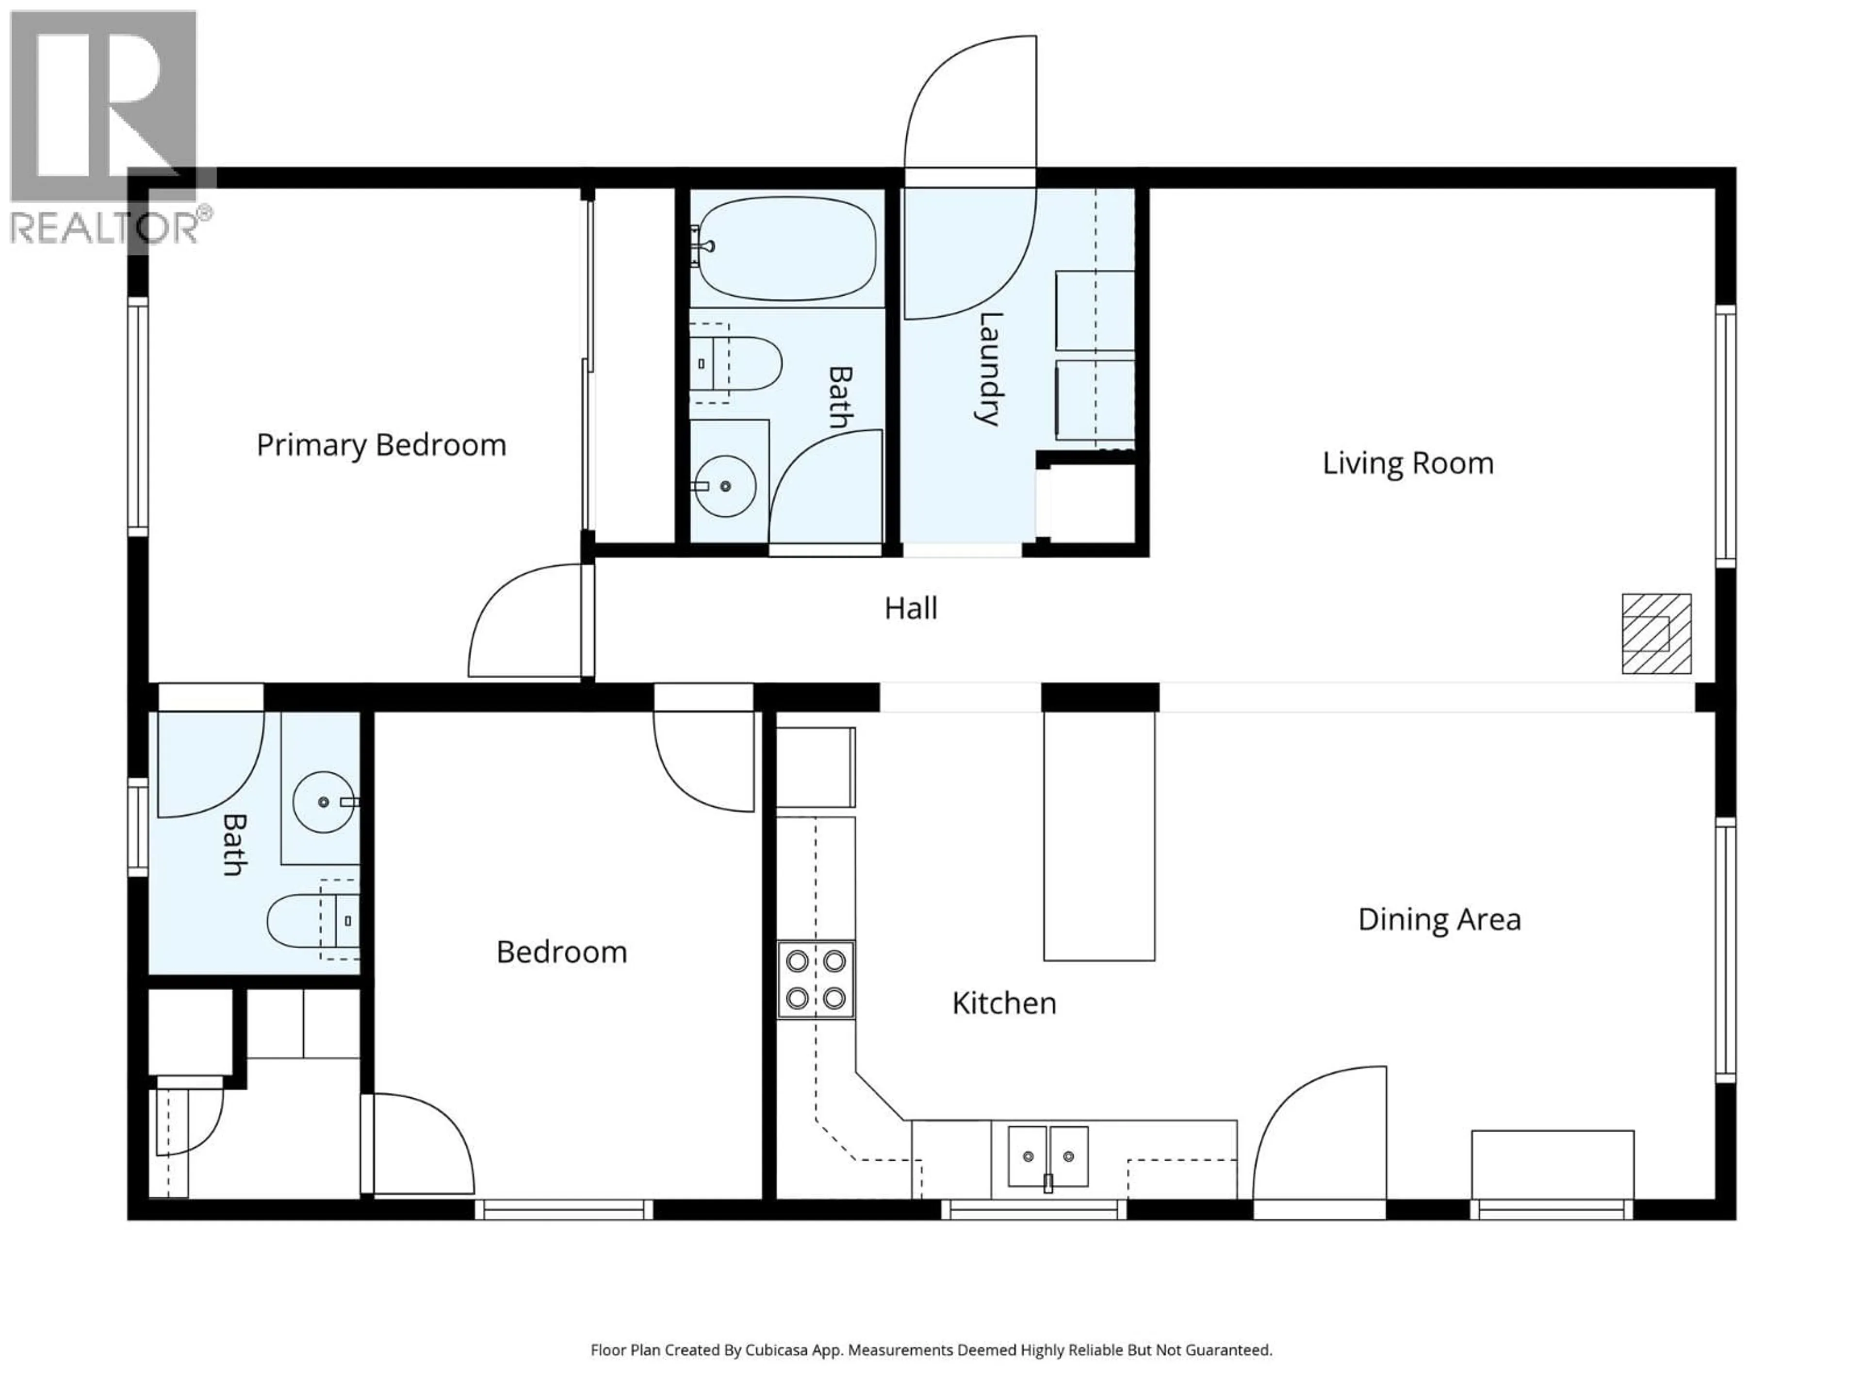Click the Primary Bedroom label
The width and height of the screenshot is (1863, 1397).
(381, 445)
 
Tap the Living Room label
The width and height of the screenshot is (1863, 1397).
(1407, 463)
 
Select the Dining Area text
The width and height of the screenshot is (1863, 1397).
(1439, 920)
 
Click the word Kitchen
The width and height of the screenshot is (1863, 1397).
(1004, 1003)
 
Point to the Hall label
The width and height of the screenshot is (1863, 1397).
(911, 608)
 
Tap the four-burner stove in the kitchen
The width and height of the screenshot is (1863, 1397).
(815, 979)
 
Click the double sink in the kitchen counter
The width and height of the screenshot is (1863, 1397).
(1048, 1156)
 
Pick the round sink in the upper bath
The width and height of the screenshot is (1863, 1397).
(725, 486)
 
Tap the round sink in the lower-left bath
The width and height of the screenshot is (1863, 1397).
(324, 802)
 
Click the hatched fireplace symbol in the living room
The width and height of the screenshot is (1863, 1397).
(1656, 633)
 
